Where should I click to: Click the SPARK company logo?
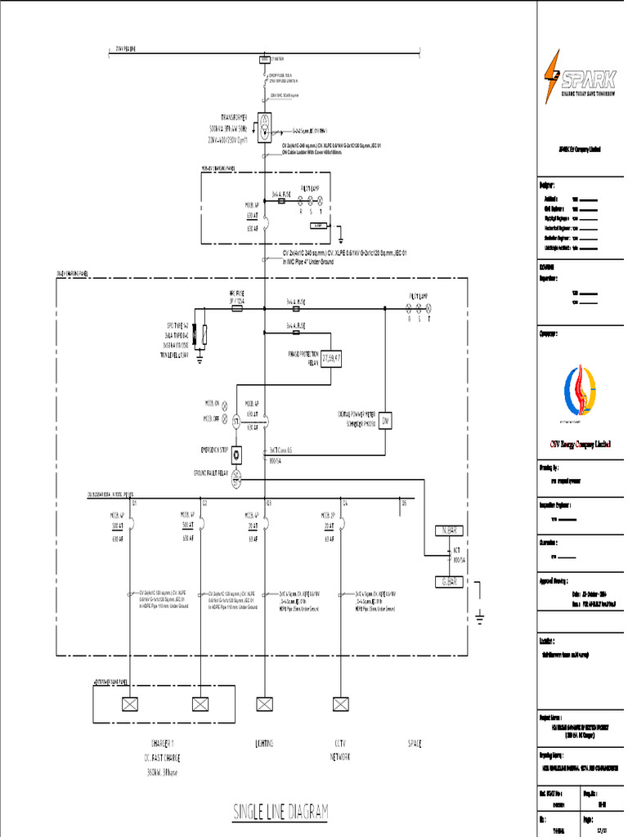click(x=580, y=77)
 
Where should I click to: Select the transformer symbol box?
click(x=265, y=128)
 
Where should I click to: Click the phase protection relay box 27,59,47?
click(x=331, y=356)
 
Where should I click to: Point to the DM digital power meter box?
click(x=386, y=420)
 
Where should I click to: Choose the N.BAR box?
click(x=448, y=530)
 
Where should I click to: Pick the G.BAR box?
click(x=448, y=581)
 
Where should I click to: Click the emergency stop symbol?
click(x=236, y=454)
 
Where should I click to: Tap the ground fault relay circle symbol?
click(x=236, y=480)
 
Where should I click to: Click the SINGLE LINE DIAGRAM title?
click(x=280, y=812)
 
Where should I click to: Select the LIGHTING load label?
click(x=264, y=744)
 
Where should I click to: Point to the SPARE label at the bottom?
click(x=415, y=744)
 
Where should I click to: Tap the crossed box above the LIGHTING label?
click(x=264, y=703)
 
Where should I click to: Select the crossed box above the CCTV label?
click(x=340, y=703)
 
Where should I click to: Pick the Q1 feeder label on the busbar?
click(x=134, y=504)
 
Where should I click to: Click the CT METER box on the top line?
click(x=265, y=60)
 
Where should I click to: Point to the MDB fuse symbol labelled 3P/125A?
click(x=236, y=309)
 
